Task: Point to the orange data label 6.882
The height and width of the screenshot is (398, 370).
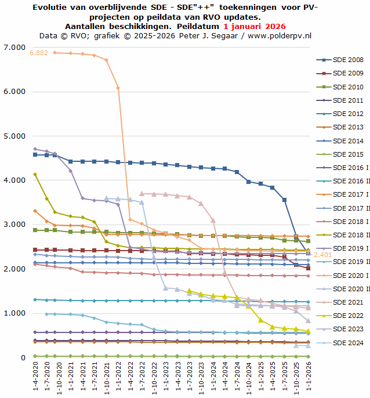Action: pos(39,53)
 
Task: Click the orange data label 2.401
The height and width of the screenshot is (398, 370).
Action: pos(323,255)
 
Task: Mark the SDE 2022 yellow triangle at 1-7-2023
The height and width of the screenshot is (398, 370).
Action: pos(189,291)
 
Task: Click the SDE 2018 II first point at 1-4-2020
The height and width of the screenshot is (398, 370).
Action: pos(35,174)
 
